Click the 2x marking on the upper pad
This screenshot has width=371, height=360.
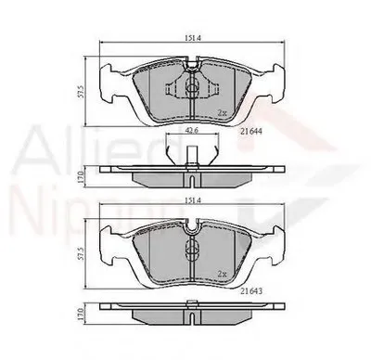point(223,112)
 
